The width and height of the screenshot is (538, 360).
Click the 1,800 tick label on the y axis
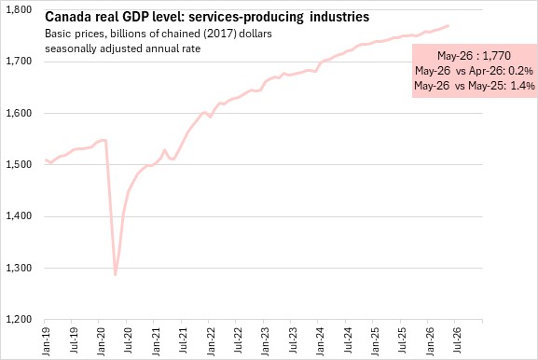(x=19, y=10)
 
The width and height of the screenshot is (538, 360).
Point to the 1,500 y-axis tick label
(x=19, y=165)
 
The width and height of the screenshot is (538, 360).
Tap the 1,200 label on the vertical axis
(x=19, y=320)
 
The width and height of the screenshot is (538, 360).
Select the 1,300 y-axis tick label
(x=19, y=268)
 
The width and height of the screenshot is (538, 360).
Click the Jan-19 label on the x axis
(x=46, y=340)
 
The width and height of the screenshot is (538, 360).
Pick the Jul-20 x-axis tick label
(x=128, y=340)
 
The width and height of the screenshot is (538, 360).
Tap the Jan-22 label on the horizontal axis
(x=210, y=340)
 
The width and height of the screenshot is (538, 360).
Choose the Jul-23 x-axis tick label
(x=292, y=340)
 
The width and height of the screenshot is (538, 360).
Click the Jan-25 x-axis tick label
(x=374, y=340)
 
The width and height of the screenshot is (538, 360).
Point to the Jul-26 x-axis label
(x=456, y=340)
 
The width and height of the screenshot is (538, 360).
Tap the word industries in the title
(x=339, y=17)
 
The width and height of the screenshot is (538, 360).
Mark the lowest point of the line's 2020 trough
(x=116, y=274)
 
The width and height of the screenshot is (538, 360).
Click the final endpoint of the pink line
(x=448, y=26)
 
